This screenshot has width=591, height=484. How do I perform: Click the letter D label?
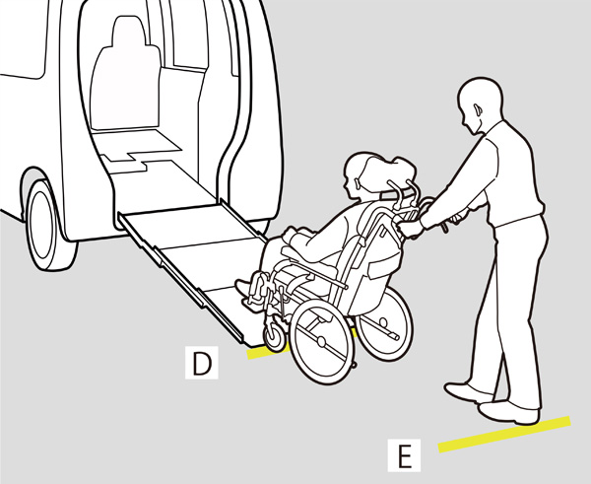point(202,363)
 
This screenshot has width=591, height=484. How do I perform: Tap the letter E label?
point(405,455)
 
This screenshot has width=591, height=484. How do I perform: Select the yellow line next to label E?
point(504,434)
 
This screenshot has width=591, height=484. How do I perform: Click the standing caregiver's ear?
point(477,109)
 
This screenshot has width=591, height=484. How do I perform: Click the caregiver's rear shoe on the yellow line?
point(508,413)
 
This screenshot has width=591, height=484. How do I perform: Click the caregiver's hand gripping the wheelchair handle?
point(410,228)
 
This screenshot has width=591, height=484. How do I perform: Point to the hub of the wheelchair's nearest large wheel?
point(321,342)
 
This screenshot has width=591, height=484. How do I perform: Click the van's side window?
point(23,37)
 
